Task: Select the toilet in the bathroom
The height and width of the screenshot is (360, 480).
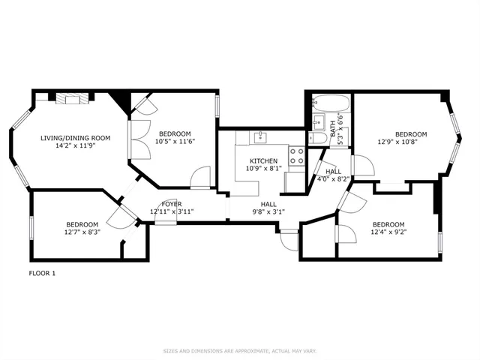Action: pos(316,138)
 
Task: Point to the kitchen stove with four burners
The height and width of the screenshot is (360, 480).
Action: pos(297,155)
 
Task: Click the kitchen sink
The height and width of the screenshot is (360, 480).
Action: pos(260,137)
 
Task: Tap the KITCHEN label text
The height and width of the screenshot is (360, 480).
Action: pos(264,160)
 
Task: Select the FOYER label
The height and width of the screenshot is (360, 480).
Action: pos(172,204)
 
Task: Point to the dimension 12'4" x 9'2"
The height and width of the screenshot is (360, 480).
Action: pos(388,232)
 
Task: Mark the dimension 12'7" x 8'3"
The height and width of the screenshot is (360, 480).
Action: pos(82,232)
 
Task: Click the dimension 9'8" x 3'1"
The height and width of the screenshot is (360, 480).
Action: pos(268,211)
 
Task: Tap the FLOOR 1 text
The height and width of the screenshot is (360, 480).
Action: pos(43,273)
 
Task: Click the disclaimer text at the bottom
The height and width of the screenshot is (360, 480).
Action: pos(239,350)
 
